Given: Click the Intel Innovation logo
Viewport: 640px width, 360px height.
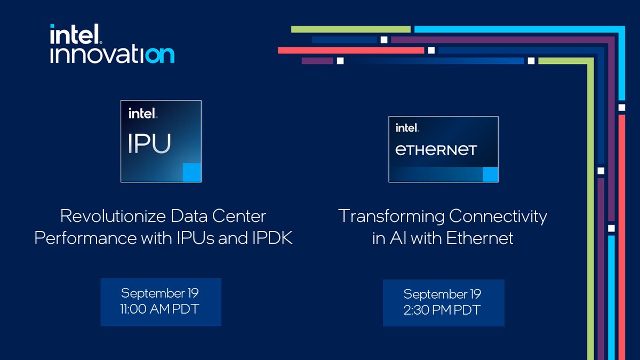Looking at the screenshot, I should coord(111,44).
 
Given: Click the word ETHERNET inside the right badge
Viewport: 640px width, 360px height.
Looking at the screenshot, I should coord(436,150).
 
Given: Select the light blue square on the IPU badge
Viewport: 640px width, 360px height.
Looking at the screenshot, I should coord(191,173).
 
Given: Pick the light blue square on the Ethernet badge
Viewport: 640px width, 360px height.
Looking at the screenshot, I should coord(490,174).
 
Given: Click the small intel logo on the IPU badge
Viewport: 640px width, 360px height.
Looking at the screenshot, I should coord(142,114).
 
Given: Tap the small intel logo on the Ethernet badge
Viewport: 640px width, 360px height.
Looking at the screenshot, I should coord(407,128).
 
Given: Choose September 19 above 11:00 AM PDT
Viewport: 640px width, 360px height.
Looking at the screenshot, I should coord(160,293).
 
